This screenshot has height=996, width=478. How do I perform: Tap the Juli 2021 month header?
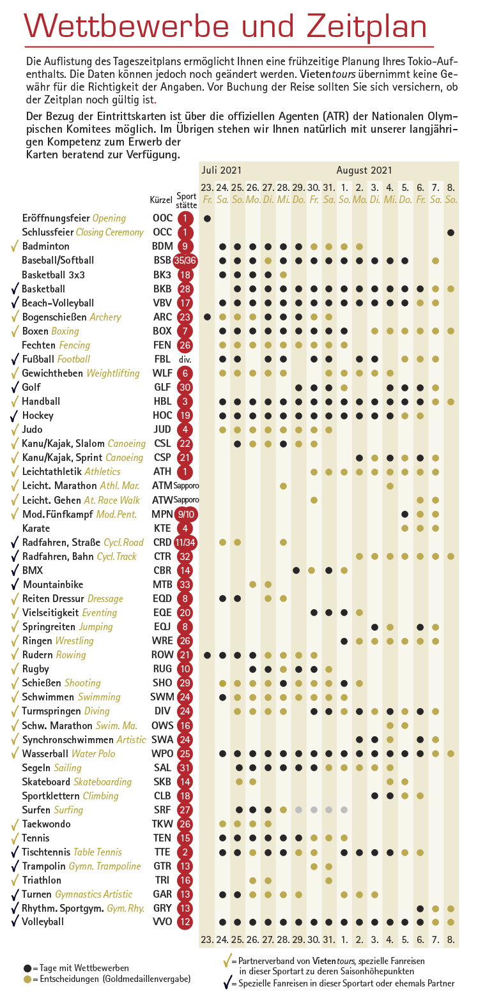click(x=221, y=170)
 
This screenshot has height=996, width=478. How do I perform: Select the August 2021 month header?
click(x=364, y=170)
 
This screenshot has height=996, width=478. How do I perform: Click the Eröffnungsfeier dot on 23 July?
click(x=208, y=218)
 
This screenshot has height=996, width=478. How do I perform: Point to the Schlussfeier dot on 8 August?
click(x=451, y=232)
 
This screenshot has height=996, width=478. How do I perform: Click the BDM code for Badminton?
click(x=162, y=246)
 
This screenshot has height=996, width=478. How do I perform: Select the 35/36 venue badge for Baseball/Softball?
click(x=185, y=260)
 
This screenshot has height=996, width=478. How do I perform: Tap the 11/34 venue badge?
click(x=185, y=543)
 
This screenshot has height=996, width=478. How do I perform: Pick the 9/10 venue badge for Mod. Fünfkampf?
click(x=186, y=515)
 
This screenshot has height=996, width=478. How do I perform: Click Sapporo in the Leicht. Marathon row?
click(x=186, y=486)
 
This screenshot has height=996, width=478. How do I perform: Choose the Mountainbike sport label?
click(x=53, y=585)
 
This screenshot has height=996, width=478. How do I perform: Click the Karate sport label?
click(x=36, y=528)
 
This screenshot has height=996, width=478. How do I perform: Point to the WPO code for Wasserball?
click(x=162, y=753)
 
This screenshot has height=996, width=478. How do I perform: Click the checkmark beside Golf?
click(x=15, y=388)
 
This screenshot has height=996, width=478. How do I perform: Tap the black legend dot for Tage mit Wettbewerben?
click(x=27, y=968)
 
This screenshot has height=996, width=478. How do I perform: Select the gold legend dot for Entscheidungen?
click(x=27, y=979)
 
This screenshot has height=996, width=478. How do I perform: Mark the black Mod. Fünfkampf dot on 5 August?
click(x=405, y=515)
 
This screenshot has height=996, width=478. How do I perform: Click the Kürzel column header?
click(x=161, y=200)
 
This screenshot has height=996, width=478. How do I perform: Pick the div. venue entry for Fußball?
click(x=185, y=359)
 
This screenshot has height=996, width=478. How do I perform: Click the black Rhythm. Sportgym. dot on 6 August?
click(x=420, y=909)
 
